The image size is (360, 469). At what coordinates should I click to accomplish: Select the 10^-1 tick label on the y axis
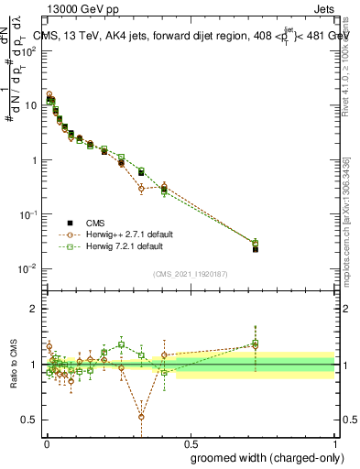tap(28, 214)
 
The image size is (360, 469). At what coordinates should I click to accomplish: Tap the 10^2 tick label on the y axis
tap(28, 50)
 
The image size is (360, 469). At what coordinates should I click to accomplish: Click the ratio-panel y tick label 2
tap(34, 309)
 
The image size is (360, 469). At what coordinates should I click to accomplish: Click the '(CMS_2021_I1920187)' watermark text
tap(190, 273)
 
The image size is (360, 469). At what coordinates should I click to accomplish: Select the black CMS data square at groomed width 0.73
tap(256, 249)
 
